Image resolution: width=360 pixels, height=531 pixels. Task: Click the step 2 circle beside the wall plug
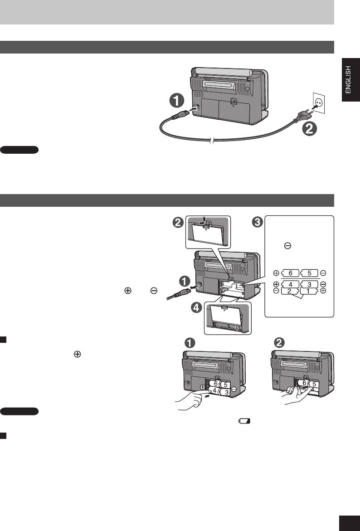tap(311, 129)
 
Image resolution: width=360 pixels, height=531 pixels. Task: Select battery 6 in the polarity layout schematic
tap(291, 274)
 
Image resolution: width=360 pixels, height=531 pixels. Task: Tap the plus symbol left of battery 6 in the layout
tap(276, 274)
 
